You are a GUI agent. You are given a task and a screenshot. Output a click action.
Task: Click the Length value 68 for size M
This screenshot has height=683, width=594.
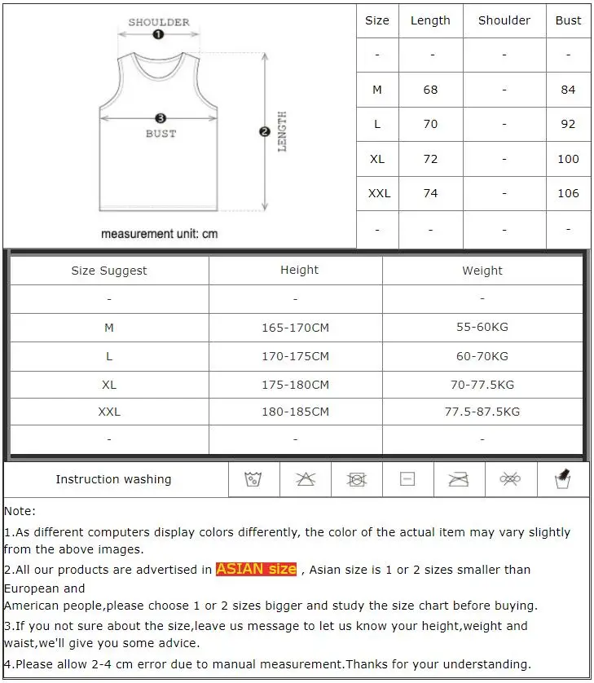coord(430,90)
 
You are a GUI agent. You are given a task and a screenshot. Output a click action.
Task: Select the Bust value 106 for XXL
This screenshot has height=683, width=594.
coord(569,193)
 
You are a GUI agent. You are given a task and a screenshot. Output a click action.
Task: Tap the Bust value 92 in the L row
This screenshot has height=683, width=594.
coord(569,124)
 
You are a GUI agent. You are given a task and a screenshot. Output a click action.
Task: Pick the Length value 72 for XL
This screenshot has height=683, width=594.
coord(430,159)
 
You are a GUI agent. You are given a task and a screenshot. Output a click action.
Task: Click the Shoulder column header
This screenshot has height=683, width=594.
coord(504,20)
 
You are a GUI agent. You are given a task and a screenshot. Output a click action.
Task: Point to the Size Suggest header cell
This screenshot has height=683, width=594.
coord(109,271)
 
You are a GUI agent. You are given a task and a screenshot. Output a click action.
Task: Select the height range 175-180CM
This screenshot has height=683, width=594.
coord(295,385)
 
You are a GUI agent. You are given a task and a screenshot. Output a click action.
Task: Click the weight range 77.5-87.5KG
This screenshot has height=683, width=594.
coord(482,412)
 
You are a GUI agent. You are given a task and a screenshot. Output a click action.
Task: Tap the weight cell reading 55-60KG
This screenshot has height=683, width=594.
coord(482,327)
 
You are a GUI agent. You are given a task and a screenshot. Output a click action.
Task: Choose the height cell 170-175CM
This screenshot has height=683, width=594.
coord(295,356)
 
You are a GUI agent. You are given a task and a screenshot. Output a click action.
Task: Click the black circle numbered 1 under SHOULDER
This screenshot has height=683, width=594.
coord(159,34)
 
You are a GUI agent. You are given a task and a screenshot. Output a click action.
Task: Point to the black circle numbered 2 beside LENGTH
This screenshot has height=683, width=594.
coord(264,131)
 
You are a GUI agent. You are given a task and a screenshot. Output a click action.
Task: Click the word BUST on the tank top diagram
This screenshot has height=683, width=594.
coord(161,134)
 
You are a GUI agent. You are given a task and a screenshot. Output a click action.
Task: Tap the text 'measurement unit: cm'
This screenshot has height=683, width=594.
coord(159,234)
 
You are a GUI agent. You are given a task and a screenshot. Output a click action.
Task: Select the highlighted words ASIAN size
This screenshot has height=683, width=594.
coord(256,569)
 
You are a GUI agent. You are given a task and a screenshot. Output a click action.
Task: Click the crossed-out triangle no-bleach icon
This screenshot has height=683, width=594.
coord(306,479)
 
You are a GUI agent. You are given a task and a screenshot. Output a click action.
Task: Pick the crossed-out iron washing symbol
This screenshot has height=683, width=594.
coord(459,479)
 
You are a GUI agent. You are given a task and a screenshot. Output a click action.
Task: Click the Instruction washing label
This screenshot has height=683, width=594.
coord(113,479)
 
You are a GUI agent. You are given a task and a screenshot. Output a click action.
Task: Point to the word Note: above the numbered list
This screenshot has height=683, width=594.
coord(20,511)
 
